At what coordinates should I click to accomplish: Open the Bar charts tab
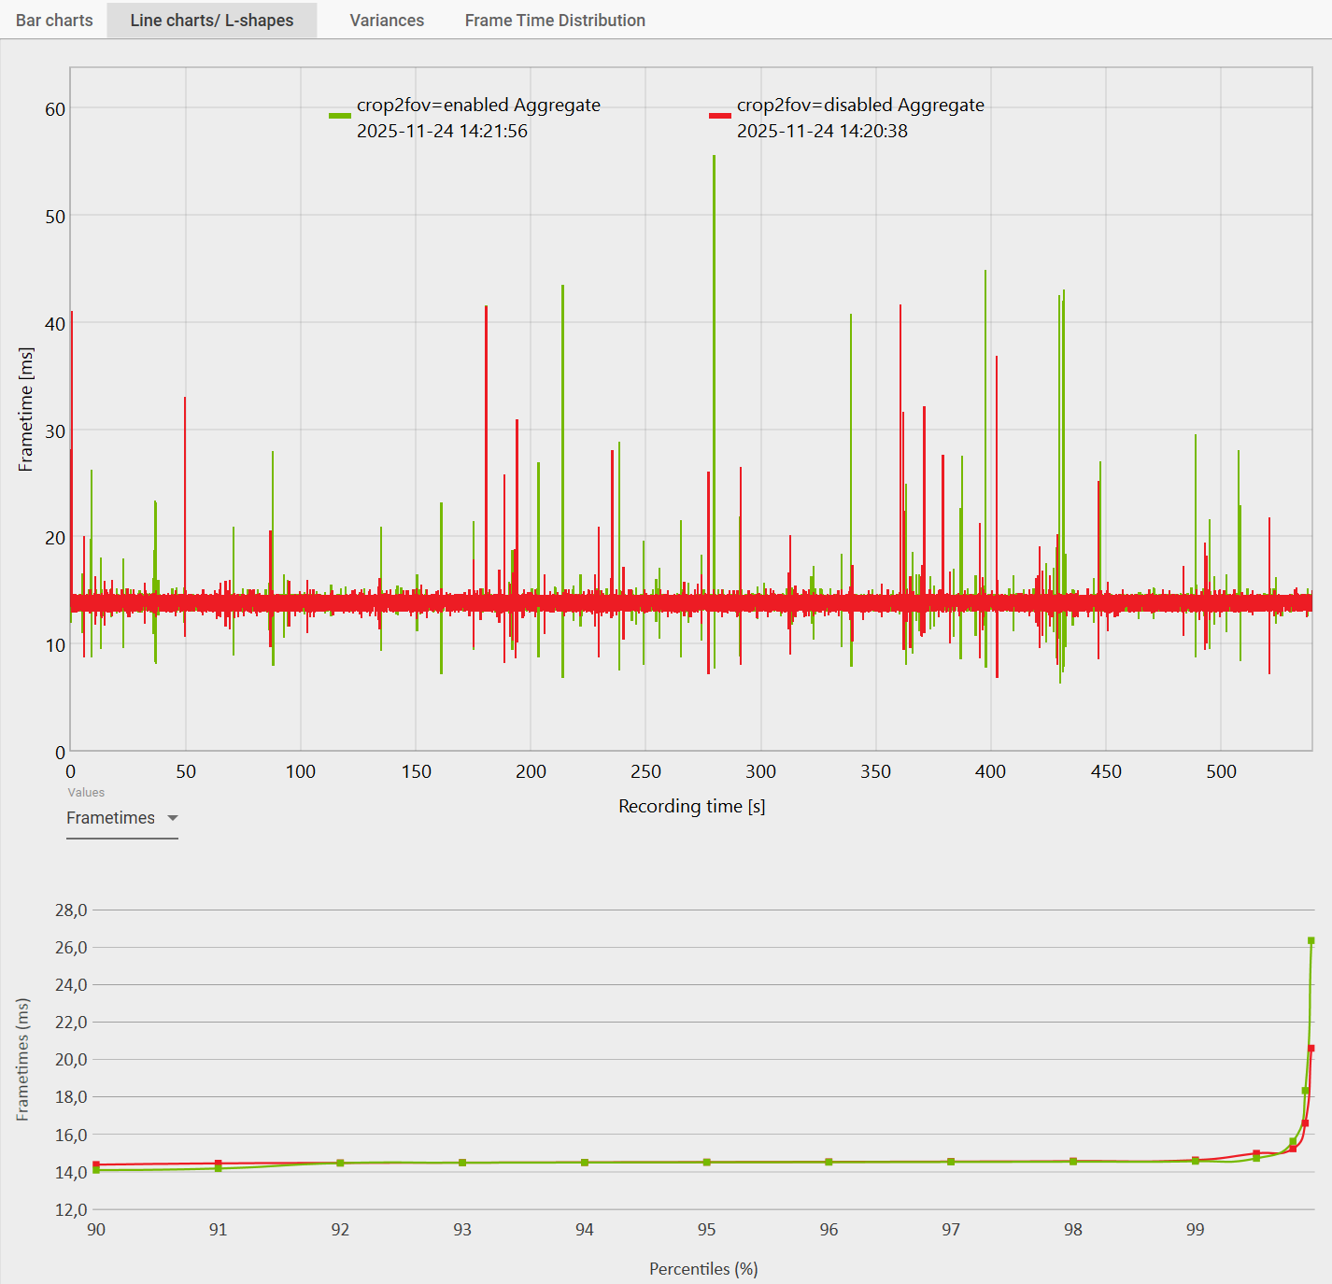pyautogui.click(x=54, y=21)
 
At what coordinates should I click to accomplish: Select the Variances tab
pyautogui.click(x=387, y=21)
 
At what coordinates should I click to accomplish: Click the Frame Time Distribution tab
pyautogui.click(x=555, y=21)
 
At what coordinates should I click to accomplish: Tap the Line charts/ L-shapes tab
pyautogui.click(x=212, y=21)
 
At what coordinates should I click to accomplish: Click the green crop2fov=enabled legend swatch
pyautogui.click(x=339, y=116)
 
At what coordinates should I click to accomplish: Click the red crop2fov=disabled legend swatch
pyautogui.click(x=719, y=116)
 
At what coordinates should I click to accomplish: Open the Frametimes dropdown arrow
pyautogui.click(x=173, y=818)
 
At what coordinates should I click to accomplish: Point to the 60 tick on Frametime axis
pyautogui.click(x=55, y=109)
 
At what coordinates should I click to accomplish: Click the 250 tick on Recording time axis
pyautogui.click(x=645, y=771)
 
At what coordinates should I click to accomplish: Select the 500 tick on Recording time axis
pyautogui.click(x=1221, y=771)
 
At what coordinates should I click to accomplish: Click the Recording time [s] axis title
pyautogui.click(x=691, y=806)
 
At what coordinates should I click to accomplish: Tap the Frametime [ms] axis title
pyautogui.click(x=26, y=409)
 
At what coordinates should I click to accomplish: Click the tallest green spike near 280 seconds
pyautogui.click(x=715, y=280)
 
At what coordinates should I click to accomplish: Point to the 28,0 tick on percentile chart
pyautogui.click(x=71, y=910)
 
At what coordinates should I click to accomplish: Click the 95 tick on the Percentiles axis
pyautogui.click(x=706, y=1229)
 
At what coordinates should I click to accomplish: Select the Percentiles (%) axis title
pyautogui.click(x=703, y=1268)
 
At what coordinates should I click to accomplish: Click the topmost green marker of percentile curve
pyautogui.click(x=1311, y=940)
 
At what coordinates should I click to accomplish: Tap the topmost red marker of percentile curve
pyautogui.click(x=1311, y=1049)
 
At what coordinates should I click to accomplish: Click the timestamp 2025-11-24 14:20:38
pyautogui.click(x=822, y=131)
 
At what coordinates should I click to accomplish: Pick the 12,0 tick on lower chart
pyautogui.click(x=71, y=1209)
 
